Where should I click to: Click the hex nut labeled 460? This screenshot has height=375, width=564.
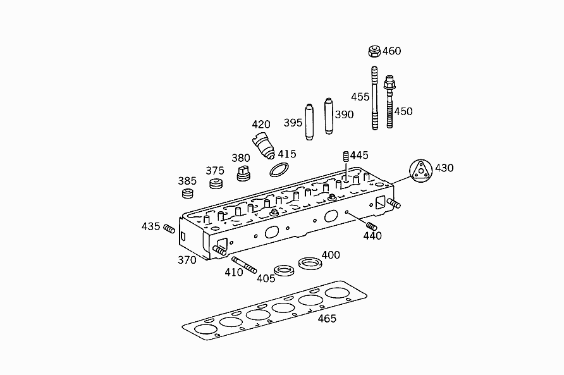[374, 51]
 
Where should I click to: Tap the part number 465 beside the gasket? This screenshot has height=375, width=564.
[327, 319]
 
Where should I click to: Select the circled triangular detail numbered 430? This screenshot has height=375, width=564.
[421, 171]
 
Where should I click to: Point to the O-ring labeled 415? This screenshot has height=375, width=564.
[279, 169]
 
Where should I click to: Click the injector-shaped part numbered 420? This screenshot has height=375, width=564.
[263, 145]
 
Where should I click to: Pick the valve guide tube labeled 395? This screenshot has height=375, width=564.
[309, 122]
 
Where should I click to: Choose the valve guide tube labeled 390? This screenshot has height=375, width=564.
[329, 116]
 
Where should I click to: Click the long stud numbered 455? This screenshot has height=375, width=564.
[374, 98]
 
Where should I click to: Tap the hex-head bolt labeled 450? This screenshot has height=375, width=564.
[389, 101]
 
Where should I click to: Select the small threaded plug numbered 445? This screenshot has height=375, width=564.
[346, 157]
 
